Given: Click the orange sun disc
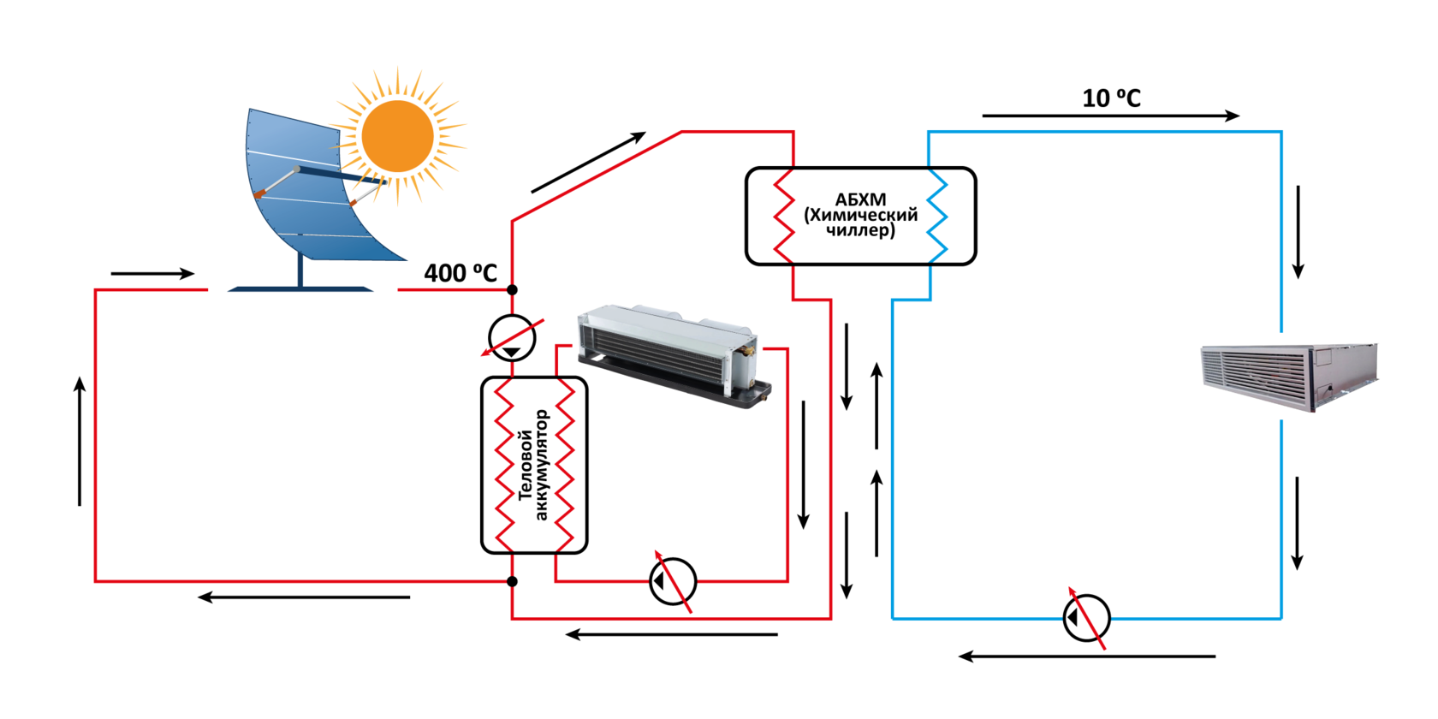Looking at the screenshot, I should tap(397, 136).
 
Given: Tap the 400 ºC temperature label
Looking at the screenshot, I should tap(461, 273).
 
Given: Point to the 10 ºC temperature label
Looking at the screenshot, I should tap(1111, 98).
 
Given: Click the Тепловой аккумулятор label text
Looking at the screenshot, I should tap(532, 466).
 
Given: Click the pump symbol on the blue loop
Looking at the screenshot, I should tap(1086, 617).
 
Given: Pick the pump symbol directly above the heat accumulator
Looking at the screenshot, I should tap(512, 338).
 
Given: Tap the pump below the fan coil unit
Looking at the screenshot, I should tap(673, 582).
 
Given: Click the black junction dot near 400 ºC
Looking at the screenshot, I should tap(512, 290).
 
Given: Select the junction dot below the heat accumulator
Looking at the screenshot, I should tap(512, 582).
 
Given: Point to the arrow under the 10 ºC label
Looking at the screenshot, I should tap(1110, 116).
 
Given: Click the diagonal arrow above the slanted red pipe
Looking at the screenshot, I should tap(588, 163).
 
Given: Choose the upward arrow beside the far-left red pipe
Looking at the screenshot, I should tap(80, 441).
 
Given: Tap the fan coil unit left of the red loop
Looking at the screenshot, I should tap(672, 355).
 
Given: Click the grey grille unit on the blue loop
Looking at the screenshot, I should tap(1288, 377).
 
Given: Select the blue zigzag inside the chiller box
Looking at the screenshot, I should tap(937, 216).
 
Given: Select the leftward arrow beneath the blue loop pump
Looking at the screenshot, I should tap(1086, 657).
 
